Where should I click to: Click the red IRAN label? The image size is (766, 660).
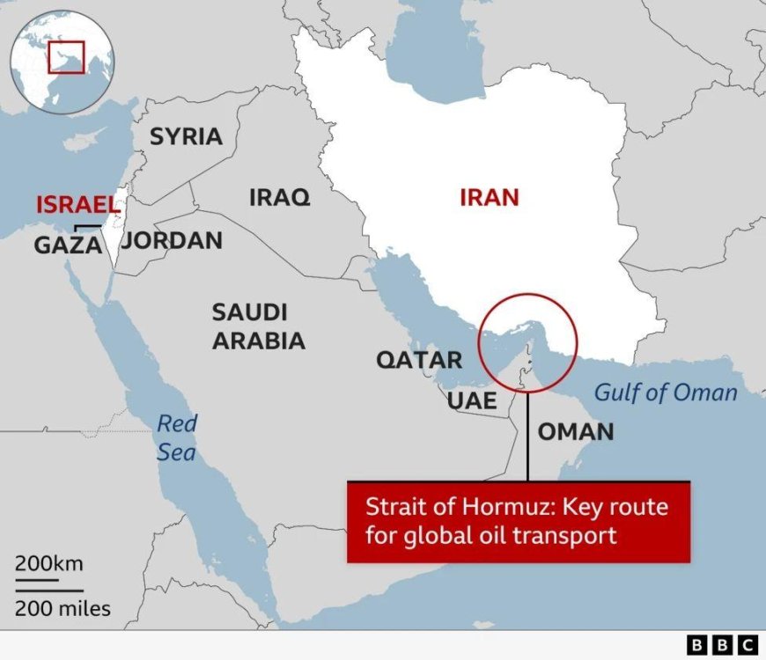pos(490,197)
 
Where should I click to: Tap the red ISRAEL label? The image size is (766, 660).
pos(77,205)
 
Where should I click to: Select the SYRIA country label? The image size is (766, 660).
pos(186,136)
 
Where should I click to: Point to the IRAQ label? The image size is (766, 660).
pos(279,197)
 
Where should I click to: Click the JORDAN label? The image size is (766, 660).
pos(172,240)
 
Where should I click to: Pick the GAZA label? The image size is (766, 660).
pos(69,246)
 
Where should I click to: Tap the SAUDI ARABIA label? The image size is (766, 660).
pos(258,326)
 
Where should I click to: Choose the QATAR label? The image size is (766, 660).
pos(419,359)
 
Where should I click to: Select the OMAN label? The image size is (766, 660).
pos(576,431)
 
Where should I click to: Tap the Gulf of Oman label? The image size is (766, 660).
pos(666,392)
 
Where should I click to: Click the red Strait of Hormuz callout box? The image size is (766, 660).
pos(518,521)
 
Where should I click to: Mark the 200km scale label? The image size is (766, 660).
pos(48,563)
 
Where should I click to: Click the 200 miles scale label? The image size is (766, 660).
pos(62,607)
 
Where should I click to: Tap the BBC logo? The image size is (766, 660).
pos(722,645)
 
